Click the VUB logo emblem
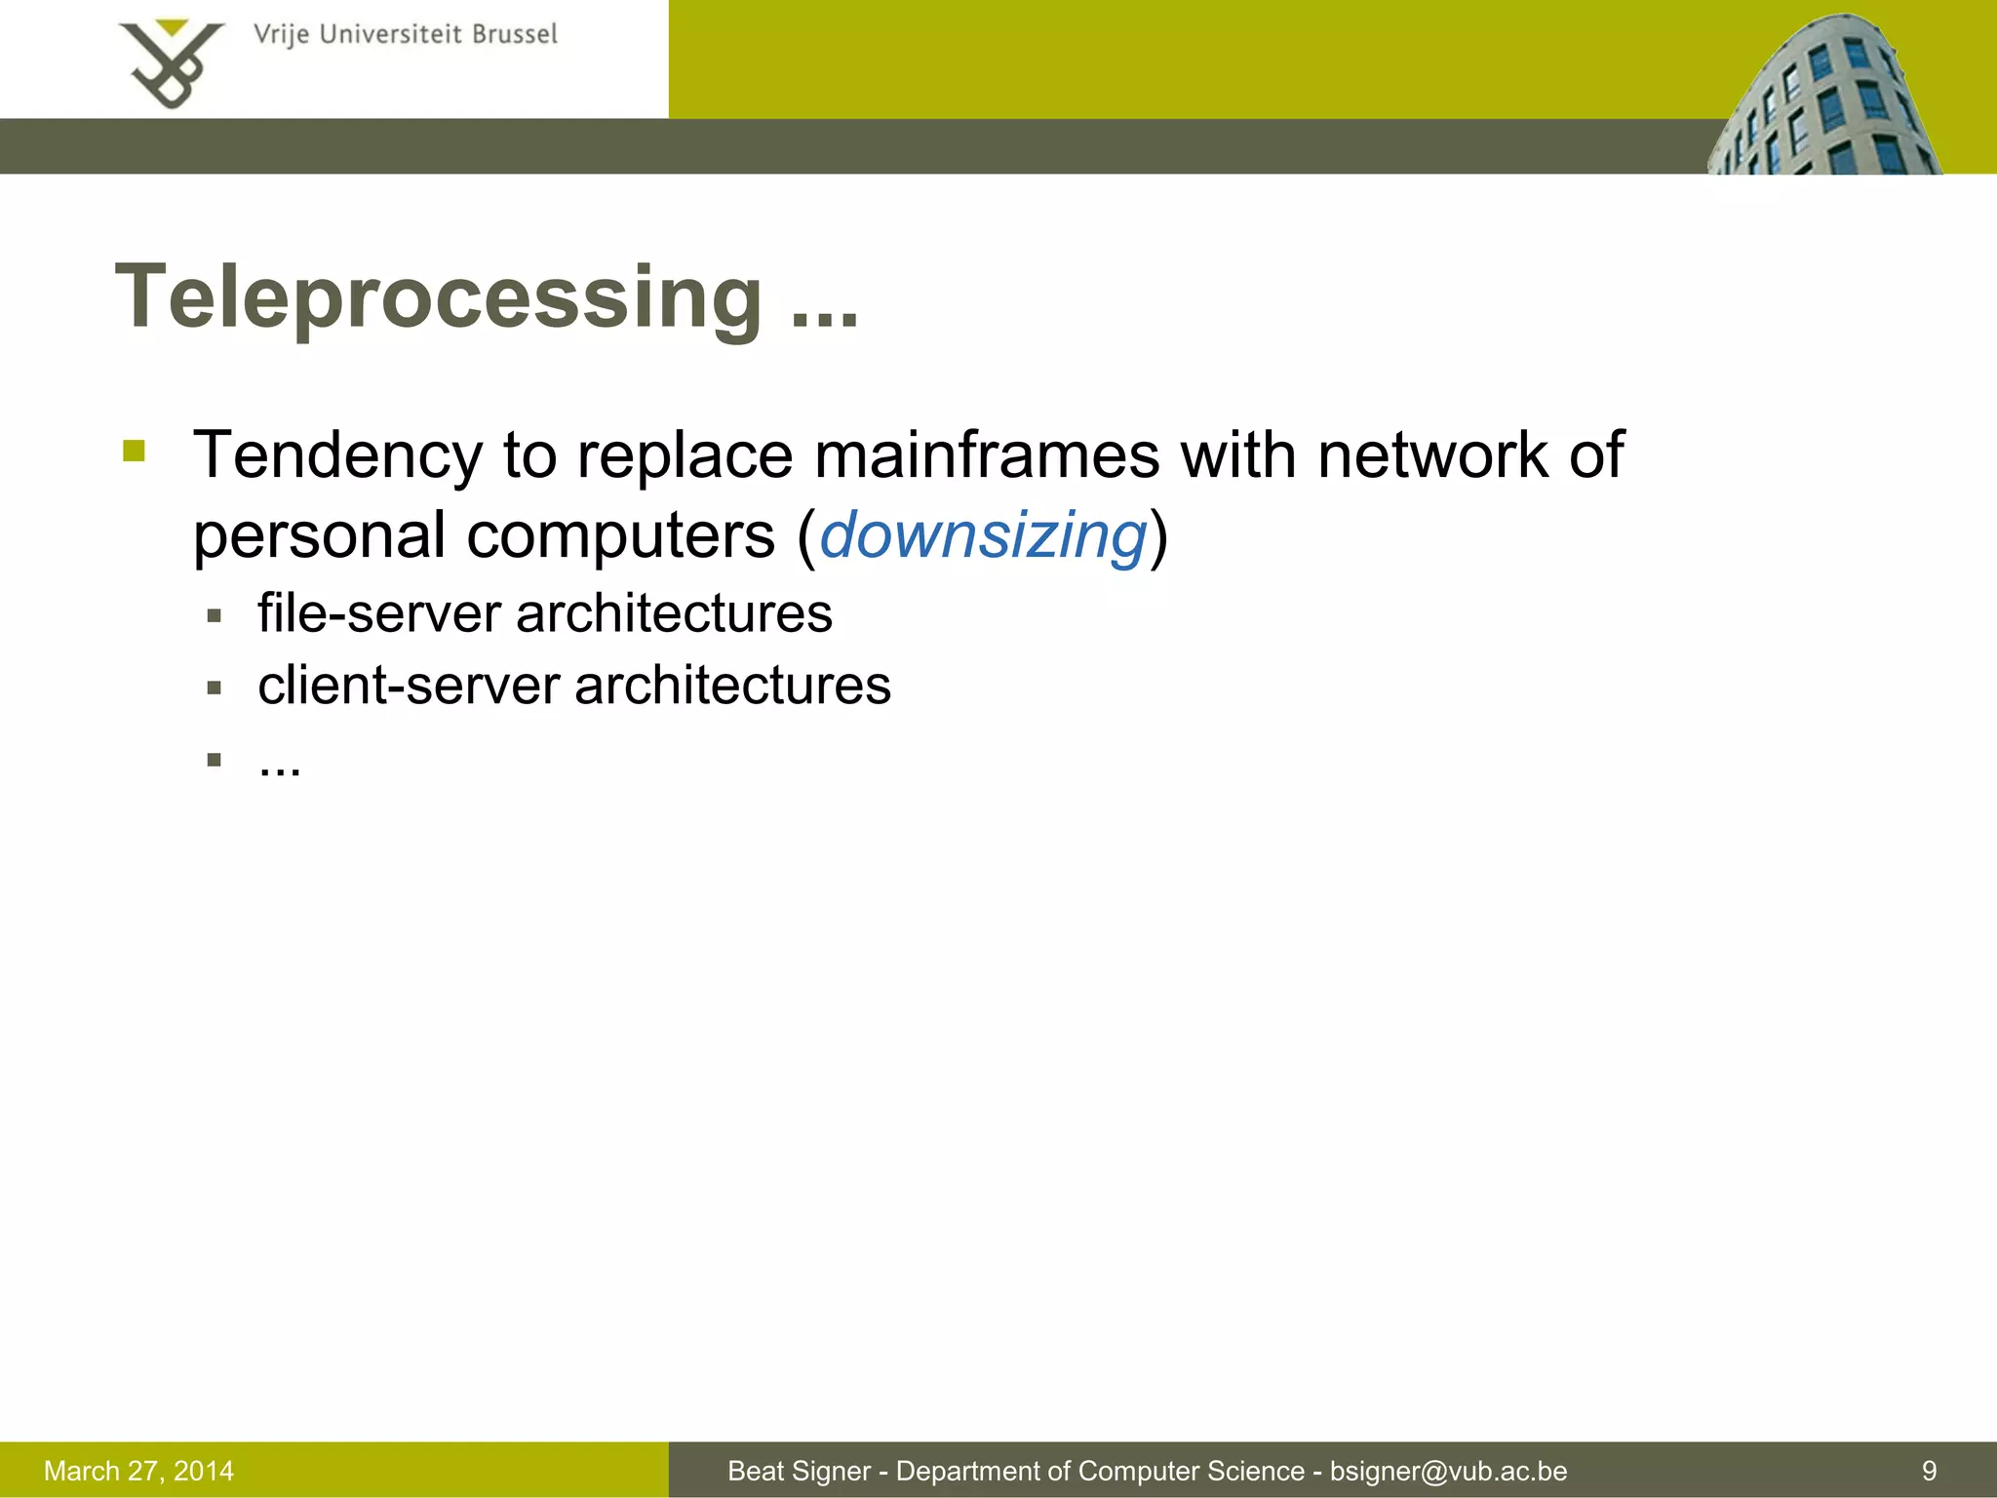click(172, 64)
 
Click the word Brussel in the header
click(514, 35)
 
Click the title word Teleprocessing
click(439, 296)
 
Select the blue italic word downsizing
click(983, 535)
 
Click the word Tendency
click(337, 456)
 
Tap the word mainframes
click(987, 454)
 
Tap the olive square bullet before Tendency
click(135, 451)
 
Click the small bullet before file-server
click(215, 616)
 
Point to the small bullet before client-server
click(215, 689)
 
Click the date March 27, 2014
click(138, 1471)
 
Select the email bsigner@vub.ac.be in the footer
click(1448, 1471)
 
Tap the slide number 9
click(1929, 1471)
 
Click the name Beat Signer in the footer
click(799, 1471)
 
